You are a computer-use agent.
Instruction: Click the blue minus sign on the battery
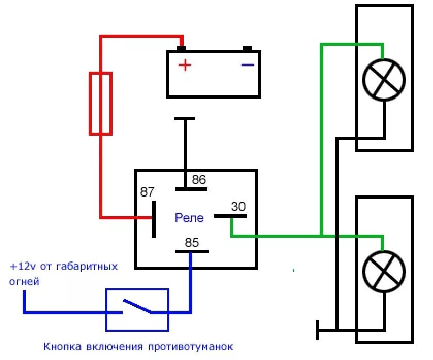pyautogui.click(x=248, y=64)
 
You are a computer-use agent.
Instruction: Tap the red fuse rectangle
pyautogui.click(x=101, y=103)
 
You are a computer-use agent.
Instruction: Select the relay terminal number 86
pyautogui.click(x=199, y=180)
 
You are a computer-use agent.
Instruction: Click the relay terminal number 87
pyautogui.click(x=148, y=192)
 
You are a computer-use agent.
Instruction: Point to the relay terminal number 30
pyautogui.click(x=238, y=206)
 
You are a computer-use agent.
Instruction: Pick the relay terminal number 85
pyautogui.click(x=192, y=242)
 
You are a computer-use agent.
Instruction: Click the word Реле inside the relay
pyautogui.click(x=189, y=218)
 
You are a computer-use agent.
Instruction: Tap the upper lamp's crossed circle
pyautogui.click(x=384, y=79)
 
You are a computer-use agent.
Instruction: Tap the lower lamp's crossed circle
pyautogui.click(x=384, y=272)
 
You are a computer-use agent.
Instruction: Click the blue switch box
pyautogui.click(x=137, y=309)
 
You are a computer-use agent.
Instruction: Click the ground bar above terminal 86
pyautogui.click(x=185, y=119)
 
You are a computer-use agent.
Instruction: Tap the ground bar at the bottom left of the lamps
pyautogui.click(x=317, y=330)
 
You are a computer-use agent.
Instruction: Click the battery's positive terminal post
pyautogui.click(x=181, y=48)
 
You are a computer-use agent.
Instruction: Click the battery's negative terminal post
pyautogui.click(x=247, y=48)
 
